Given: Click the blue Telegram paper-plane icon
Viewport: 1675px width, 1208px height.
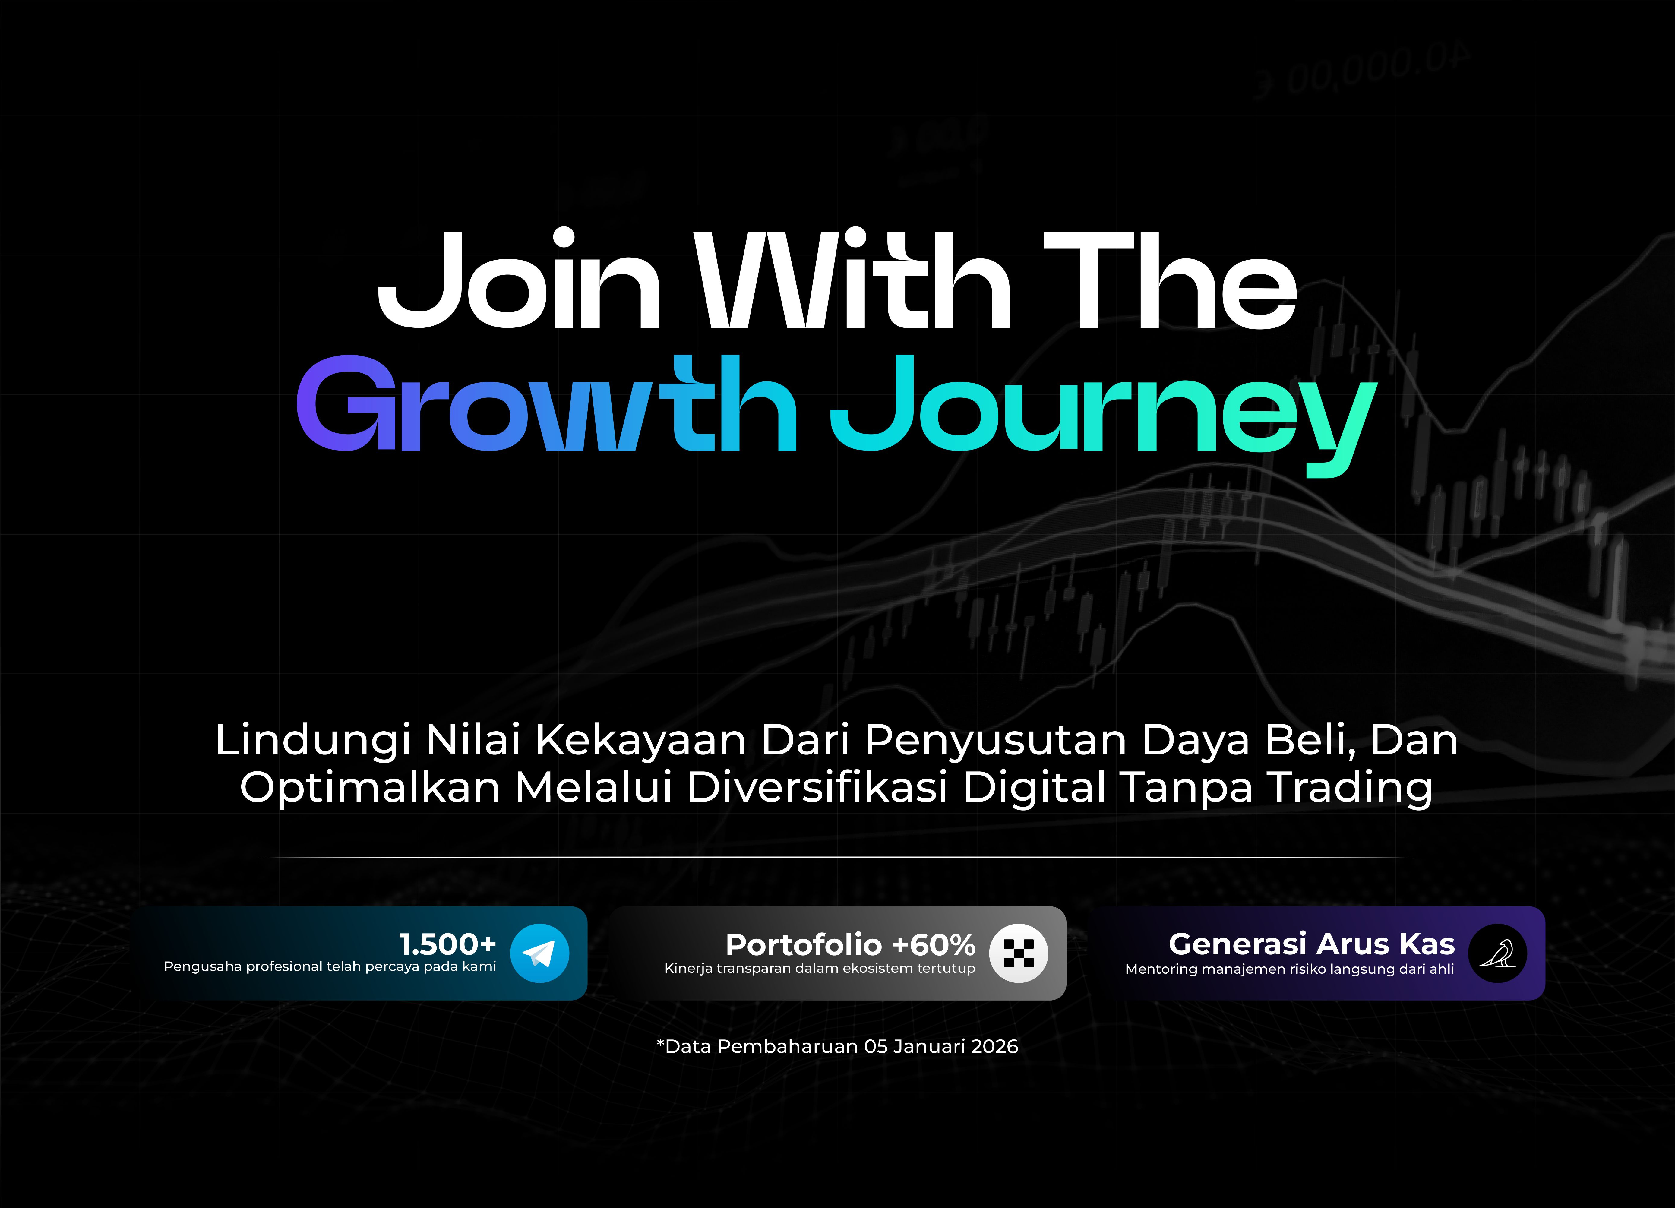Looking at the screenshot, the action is (540, 953).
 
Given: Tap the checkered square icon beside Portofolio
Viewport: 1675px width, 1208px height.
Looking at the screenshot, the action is (1019, 953).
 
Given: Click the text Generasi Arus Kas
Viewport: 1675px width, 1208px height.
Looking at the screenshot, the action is (1312, 944).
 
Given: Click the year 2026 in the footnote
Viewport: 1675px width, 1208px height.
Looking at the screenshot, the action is (994, 1046).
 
